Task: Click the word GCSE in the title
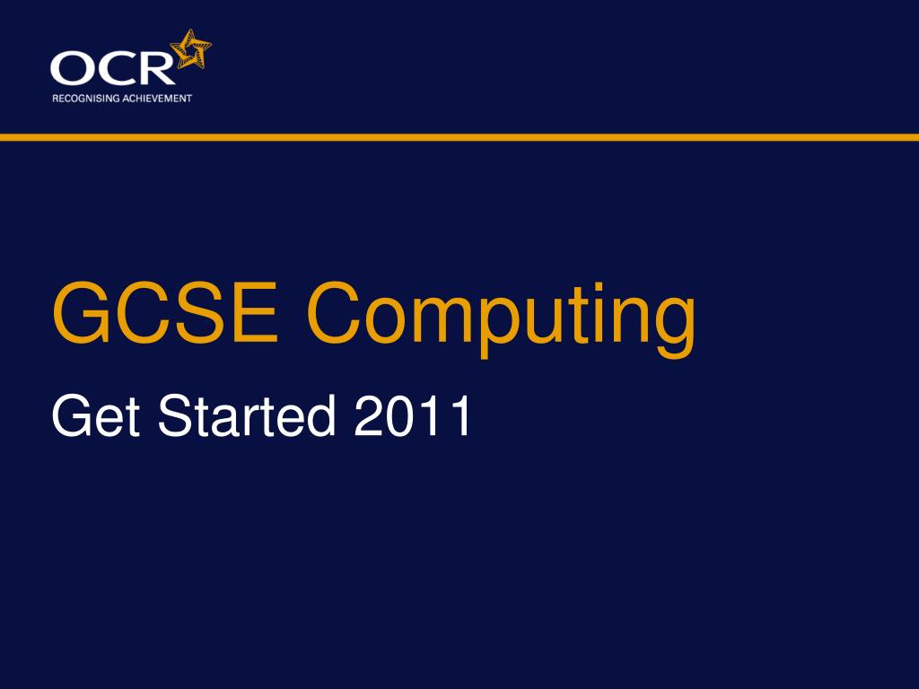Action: click(165, 312)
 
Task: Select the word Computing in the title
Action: click(502, 318)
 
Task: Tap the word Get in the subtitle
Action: click(96, 415)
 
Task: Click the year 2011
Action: click(413, 415)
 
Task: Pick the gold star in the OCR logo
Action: click(191, 50)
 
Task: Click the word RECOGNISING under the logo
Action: click(85, 99)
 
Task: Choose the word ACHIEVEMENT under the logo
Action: click(157, 99)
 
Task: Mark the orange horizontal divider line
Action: click(459, 137)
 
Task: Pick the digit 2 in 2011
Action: click(369, 415)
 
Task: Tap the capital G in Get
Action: click(72, 415)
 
